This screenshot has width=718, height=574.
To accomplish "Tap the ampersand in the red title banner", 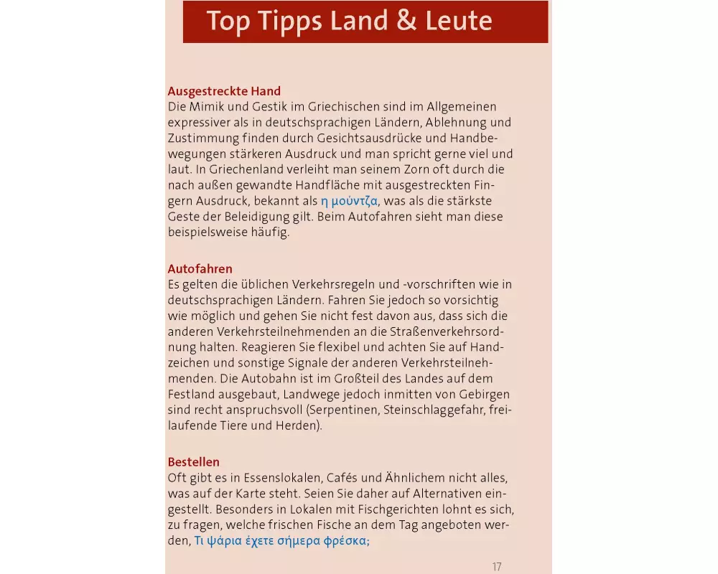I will coord(406,21).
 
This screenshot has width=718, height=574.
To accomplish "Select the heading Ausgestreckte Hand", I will coord(224,91).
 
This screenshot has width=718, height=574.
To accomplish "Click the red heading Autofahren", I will coord(200,268).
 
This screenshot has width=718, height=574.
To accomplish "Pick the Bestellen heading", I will coord(193,461).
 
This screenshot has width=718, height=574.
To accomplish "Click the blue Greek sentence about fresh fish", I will coord(281,541).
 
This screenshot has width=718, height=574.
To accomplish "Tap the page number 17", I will coord(497,567).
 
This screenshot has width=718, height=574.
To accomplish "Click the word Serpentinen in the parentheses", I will coord(344,410).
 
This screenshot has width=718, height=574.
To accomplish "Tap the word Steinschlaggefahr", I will coord(433,410).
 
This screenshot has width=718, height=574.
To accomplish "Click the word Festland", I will coord(190,394).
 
